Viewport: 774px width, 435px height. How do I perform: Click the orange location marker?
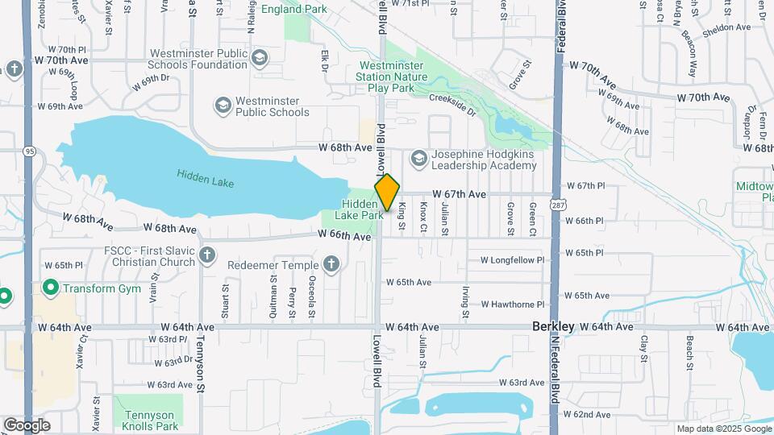[387, 192]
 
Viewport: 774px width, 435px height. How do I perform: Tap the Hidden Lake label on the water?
[206, 178]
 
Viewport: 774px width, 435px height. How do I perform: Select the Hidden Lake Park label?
[361, 209]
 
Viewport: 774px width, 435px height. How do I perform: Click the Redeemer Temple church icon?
[331, 263]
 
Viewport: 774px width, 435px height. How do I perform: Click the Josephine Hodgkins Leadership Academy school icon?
[418, 159]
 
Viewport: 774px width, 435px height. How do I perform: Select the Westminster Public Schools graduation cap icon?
[223, 106]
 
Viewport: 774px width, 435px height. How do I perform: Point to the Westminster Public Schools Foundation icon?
[260, 58]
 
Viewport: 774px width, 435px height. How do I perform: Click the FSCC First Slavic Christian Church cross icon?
[207, 256]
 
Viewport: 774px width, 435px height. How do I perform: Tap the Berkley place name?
[553, 326]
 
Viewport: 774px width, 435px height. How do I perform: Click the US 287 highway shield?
[556, 205]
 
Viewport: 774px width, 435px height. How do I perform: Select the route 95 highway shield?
[30, 151]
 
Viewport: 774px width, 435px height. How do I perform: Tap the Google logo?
[27, 425]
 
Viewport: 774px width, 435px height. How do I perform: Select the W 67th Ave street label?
[459, 194]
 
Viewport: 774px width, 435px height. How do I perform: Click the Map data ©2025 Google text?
[723, 429]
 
